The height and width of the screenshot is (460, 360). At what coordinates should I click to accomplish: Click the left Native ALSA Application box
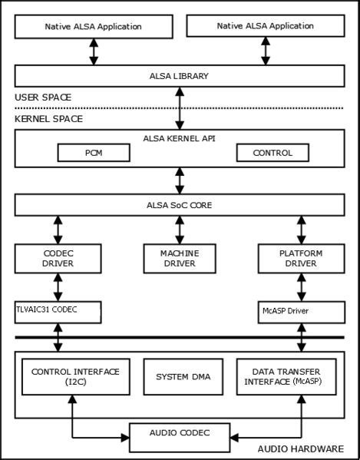[x=93, y=26]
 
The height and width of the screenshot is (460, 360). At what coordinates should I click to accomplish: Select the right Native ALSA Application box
[x=266, y=26]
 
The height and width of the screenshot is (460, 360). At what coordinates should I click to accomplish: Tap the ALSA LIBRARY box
[x=179, y=76]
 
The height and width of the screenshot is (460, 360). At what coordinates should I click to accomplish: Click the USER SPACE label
[x=43, y=98]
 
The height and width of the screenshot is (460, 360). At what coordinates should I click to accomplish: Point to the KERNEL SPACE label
[x=48, y=120]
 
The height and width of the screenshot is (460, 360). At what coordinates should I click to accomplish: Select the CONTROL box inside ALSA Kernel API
[x=272, y=152]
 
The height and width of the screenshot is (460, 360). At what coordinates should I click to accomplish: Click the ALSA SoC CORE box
[x=179, y=205]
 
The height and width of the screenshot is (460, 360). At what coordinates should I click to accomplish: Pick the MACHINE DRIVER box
[x=178, y=257]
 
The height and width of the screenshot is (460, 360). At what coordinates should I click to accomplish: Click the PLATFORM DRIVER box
[x=300, y=257]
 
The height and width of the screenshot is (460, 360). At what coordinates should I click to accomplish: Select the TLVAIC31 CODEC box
[x=55, y=311]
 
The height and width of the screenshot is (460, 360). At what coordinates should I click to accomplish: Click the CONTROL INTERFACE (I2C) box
[x=75, y=376]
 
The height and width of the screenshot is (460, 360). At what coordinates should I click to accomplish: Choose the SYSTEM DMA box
[x=178, y=376]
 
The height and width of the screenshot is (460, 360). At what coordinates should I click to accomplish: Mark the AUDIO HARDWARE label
[x=300, y=448]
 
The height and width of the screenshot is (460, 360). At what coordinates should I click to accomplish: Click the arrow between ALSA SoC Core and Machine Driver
[x=179, y=229]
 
